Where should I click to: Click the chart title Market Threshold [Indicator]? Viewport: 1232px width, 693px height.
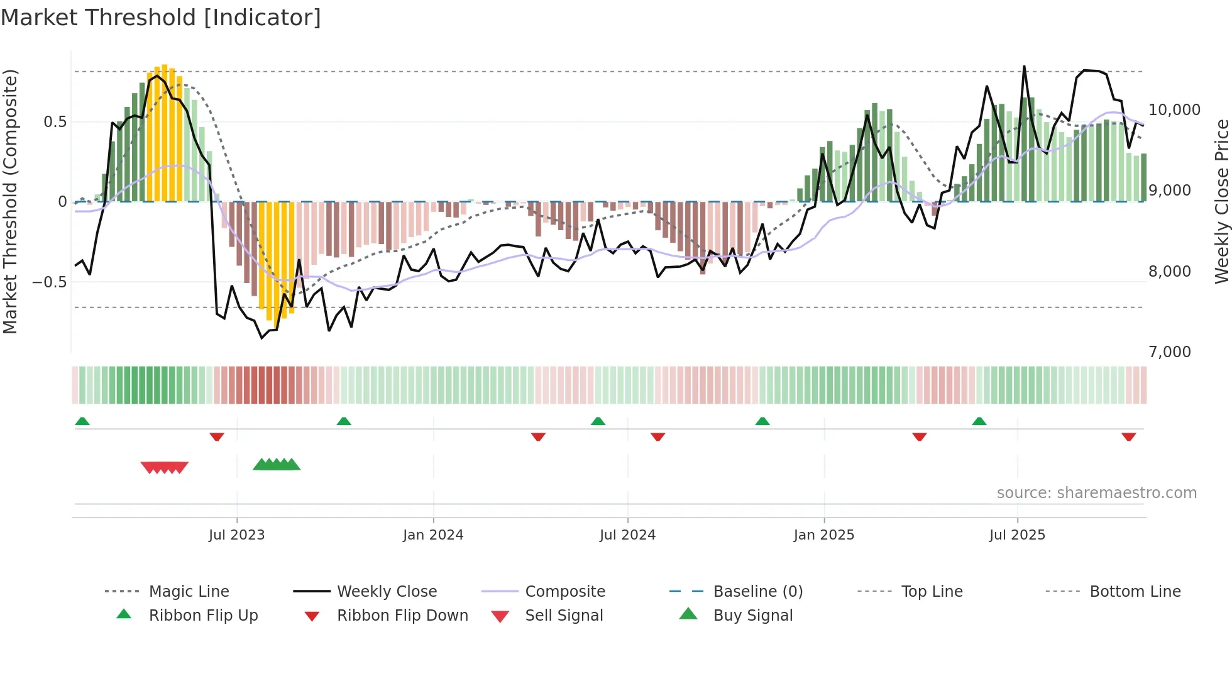pos(161,18)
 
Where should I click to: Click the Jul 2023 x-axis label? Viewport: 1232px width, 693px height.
pos(237,535)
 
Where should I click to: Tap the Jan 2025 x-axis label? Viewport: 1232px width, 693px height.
pos(824,535)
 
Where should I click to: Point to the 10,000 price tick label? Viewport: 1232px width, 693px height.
pos(1174,110)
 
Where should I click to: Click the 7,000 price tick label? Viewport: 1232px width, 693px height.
pos(1169,352)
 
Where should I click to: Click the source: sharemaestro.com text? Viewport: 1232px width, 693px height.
pos(1096,493)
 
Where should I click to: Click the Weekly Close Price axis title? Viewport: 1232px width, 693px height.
pos(1221,201)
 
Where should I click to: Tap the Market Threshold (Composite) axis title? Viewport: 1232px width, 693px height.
pos(10,201)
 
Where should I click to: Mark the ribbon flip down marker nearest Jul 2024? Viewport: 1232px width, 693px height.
pos(657,436)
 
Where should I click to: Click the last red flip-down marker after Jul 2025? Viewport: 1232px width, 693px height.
pos(1128,436)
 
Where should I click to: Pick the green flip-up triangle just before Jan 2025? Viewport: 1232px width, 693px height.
pos(762,421)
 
